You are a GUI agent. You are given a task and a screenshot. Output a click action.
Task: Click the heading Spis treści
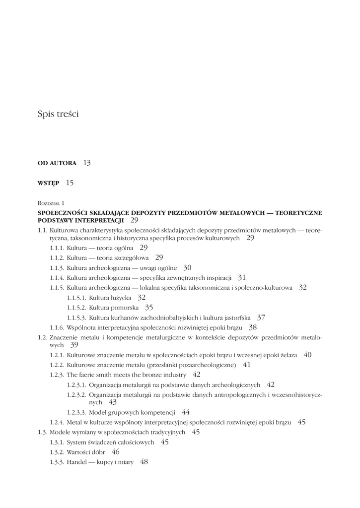(58, 114)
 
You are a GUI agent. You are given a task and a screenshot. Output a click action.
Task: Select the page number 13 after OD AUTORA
(87, 163)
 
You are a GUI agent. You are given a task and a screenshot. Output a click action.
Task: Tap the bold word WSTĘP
(48, 183)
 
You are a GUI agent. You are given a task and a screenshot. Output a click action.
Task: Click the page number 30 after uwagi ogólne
(187, 267)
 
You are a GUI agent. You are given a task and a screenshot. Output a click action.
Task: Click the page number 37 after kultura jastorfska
(261, 317)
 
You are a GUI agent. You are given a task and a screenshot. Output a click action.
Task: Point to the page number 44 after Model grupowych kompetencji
(186, 412)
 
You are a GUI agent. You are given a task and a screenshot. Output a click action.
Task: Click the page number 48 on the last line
(144, 462)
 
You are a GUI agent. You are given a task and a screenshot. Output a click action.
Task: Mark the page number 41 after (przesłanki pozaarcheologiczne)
(247, 365)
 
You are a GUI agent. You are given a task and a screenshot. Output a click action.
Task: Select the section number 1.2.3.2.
(76, 395)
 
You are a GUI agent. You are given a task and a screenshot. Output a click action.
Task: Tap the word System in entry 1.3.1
(77, 442)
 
